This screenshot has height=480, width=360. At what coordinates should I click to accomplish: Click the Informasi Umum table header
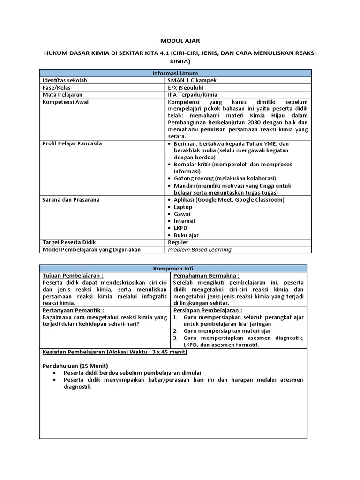pyautogui.click(x=175, y=73)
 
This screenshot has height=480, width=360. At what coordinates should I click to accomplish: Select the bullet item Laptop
pyautogui.click(x=183, y=207)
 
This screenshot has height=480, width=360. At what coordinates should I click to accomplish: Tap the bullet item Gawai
pyautogui.click(x=182, y=214)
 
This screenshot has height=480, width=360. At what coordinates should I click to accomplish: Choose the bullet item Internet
pyautogui.click(x=185, y=221)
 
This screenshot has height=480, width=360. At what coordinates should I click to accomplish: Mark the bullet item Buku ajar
pyautogui.click(x=186, y=235)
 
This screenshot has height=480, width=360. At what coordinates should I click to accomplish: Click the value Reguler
pyautogui.click(x=178, y=242)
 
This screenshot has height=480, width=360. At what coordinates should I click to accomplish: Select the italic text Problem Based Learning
pyautogui.click(x=200, y=249)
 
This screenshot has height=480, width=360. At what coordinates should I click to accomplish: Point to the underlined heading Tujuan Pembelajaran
pyautogui.click(x=73, y=276)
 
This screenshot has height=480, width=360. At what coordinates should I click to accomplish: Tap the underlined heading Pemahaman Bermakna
pyautogui.click(x=206, y=276)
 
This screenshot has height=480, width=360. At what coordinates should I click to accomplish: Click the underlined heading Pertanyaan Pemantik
pyautogui.click(x=73, y=310)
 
